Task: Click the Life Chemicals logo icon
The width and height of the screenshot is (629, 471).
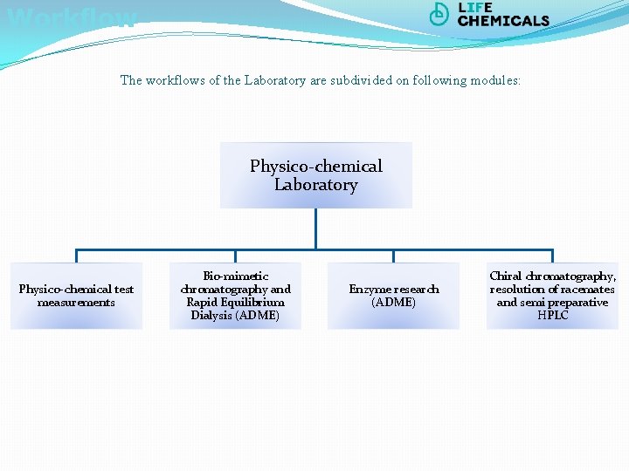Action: tap(439, 14)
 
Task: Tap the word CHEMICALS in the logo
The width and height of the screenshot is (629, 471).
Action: tap(503, 21)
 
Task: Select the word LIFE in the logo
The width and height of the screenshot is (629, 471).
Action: tap(475, 8)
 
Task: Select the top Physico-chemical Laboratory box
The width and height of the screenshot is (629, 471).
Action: tap(315, 175)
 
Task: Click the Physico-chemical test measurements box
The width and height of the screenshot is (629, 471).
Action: tap(76, 296)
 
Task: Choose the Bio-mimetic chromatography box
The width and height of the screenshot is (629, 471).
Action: tap(235, 296)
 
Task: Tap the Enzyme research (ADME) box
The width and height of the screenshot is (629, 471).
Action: tap(393, 296)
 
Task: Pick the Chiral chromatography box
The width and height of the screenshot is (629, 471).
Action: tap(552, 296)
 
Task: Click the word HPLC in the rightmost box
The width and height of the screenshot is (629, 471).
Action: tap(553, 316)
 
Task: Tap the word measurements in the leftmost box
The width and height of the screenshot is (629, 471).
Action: tap(76, 303)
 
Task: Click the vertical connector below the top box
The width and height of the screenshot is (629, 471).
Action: tap(315, 229)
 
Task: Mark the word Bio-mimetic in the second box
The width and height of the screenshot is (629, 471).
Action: tap(235, 276)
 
